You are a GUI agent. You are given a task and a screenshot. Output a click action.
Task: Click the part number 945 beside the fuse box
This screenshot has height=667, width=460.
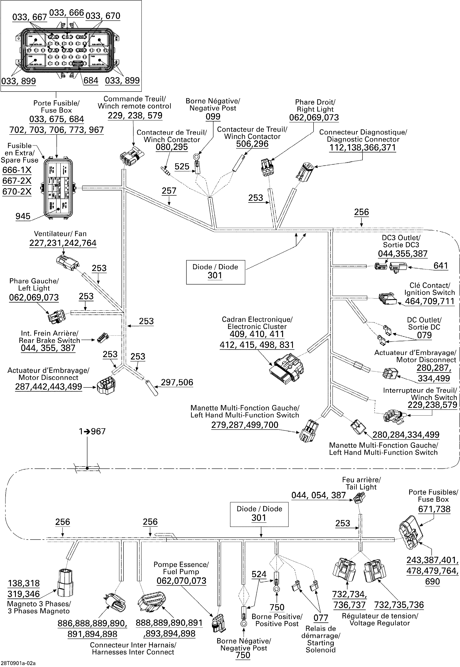click(x=23, y=216)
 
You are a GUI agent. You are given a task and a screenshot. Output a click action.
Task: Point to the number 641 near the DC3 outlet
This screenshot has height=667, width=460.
click(x=441, y=266)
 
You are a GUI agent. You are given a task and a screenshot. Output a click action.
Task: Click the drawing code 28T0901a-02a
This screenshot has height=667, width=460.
click(x=18, y=663)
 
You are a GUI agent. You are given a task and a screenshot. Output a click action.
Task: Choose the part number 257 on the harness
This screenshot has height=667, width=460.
click(x=169, y=191)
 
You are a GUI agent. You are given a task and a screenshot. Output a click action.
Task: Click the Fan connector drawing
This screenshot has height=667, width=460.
click(x=68, y=262)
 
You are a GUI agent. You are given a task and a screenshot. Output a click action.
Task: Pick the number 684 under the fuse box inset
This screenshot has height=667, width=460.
click(x=91, y=80)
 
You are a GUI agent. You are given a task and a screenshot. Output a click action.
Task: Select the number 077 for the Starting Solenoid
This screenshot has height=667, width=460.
click(x=321, y=618)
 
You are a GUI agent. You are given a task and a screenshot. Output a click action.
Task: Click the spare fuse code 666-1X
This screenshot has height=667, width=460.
click(x=17, y=170)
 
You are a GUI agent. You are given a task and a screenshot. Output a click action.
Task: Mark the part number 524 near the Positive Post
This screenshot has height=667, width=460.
click(x=259, y=574)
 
